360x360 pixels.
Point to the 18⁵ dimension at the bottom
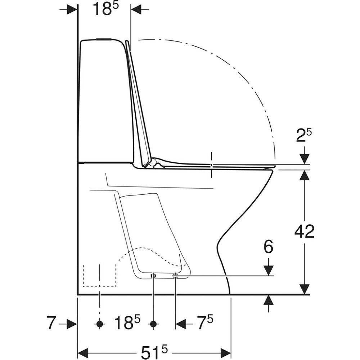(x=127, y=322)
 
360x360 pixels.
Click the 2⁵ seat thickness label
(x=304, y=136)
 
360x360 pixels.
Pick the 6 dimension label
(x=269, y=247)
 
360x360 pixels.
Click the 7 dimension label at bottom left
(x=51, y=323)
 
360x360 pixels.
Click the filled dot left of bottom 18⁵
(x=100, y=324)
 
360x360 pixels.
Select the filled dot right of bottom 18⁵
(x=153, y=324)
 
